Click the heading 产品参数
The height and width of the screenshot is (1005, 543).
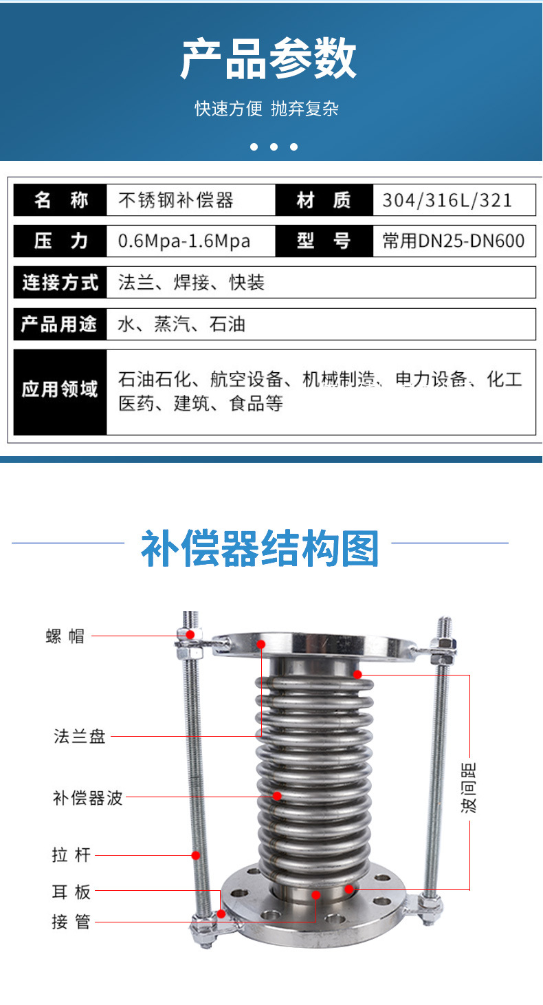(269, 59)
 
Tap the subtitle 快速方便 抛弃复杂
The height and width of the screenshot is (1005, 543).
(267, 109)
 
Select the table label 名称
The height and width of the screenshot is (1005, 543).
(60, 201)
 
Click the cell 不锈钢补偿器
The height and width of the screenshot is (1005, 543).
(176, 201)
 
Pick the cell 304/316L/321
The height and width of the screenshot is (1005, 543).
(447, 201)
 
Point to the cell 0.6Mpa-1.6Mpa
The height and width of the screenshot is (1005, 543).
(184, 241)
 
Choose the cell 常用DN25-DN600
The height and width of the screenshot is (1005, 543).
(454, 241)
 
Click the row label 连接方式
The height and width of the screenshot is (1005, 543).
(60, 282)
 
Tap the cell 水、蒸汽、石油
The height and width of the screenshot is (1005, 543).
(181, 324)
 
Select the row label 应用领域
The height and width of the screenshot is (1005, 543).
(60, 390)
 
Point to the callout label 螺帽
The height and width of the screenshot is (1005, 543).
(65, 636)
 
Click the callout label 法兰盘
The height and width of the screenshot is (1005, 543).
(80, 736)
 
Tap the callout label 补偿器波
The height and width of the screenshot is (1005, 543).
(87, 797)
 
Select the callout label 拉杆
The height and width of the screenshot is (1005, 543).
(71, 855)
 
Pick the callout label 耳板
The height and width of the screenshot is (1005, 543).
(71, 892)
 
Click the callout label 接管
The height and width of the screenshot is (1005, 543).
(71, 921)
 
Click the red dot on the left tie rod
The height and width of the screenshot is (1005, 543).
(196, 855)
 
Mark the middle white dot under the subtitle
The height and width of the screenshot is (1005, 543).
(274, 147)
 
